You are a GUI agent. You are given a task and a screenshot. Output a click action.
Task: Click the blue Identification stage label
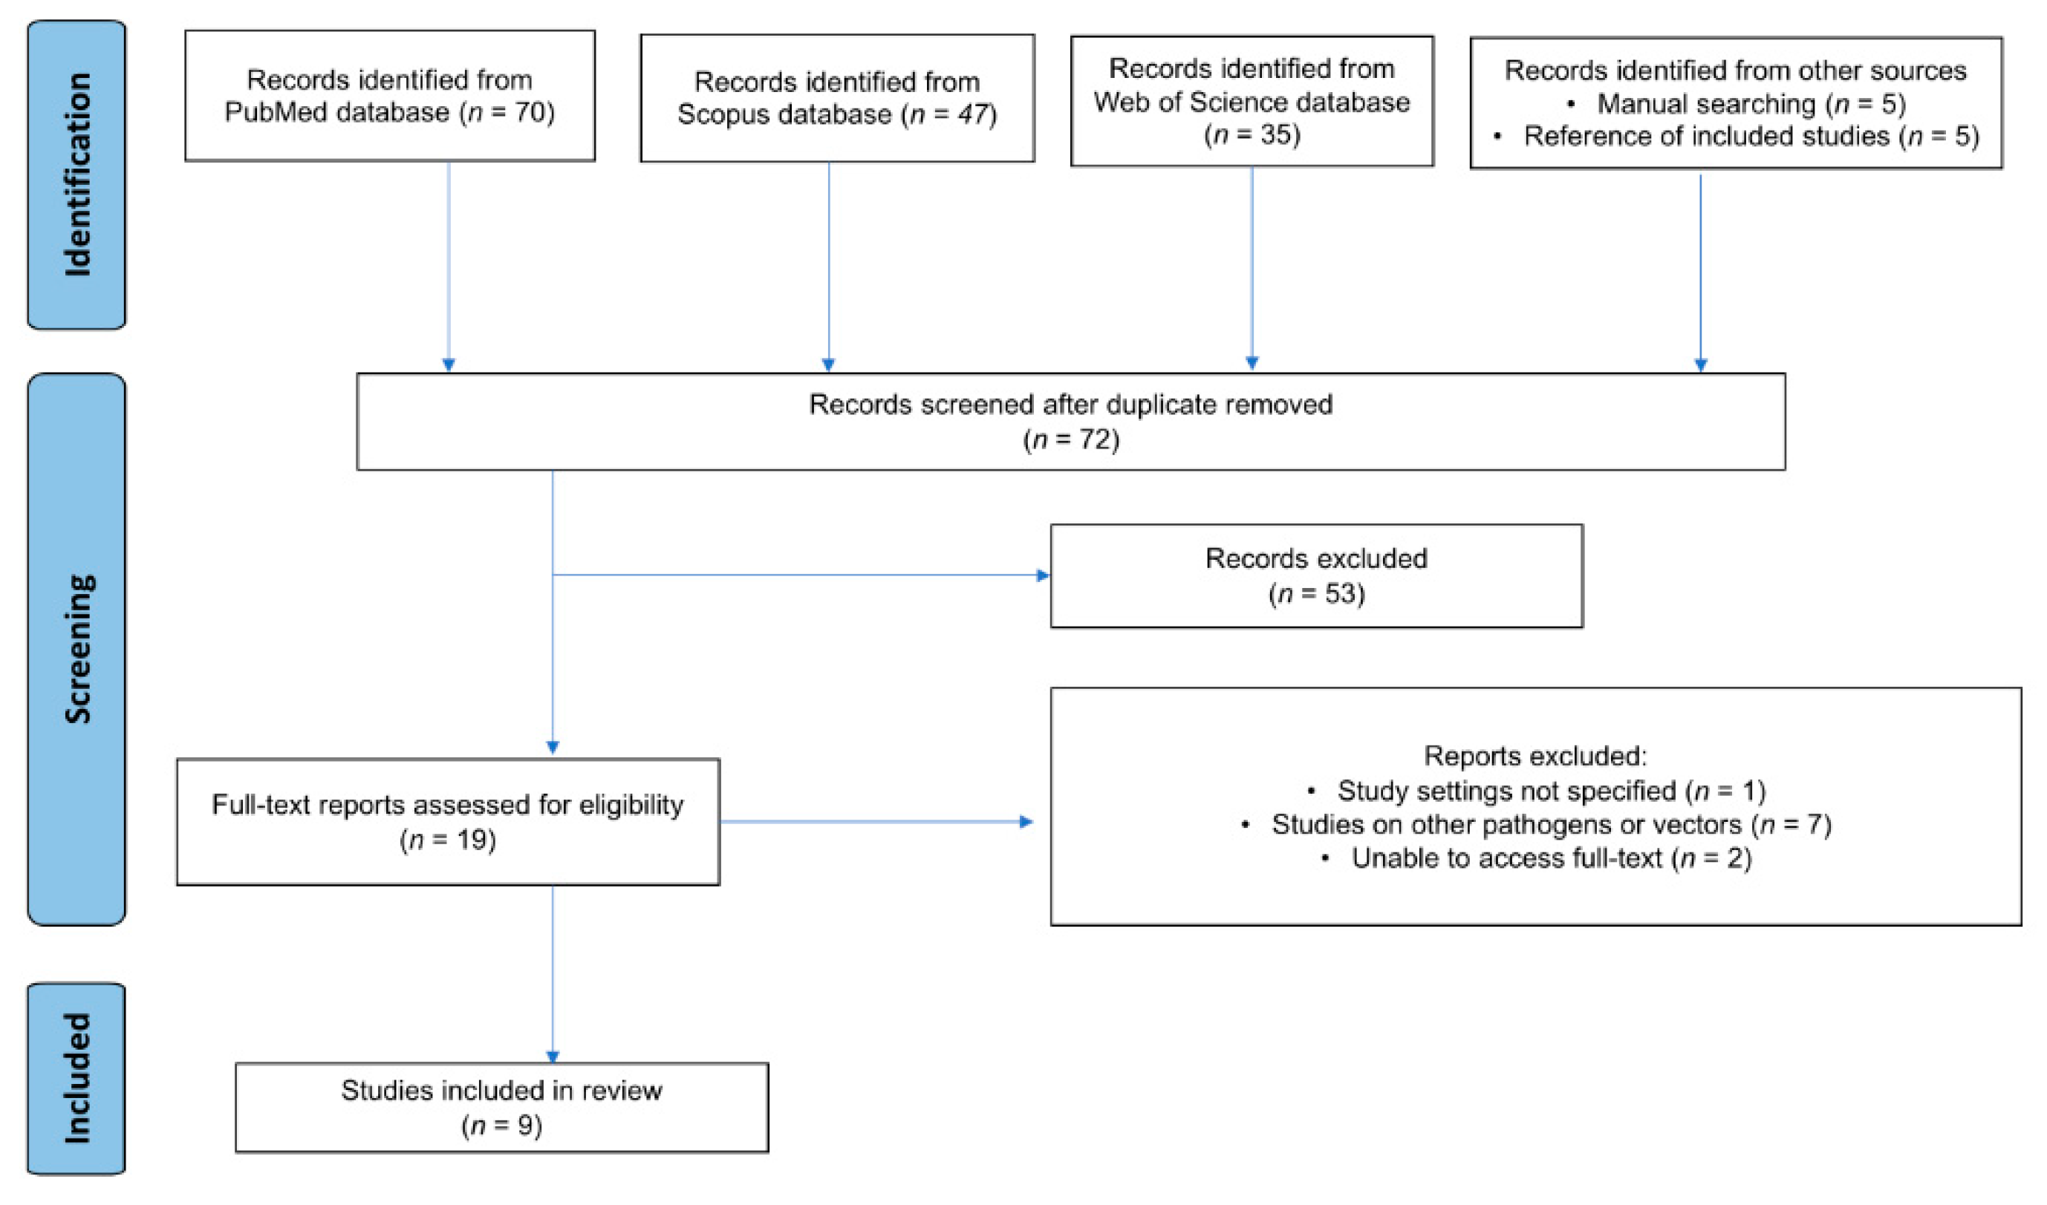(x=77, y=174)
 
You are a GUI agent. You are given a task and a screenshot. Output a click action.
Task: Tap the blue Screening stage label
(x=77, y=649)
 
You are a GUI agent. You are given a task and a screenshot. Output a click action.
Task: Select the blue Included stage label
(x=77, y=1078)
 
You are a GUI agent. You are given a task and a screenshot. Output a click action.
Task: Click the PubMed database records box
(x=390, y=96)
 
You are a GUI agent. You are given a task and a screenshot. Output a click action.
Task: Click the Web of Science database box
(x=1252, y=101)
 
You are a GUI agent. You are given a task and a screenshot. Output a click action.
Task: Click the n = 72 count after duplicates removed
(x=1070, y=440)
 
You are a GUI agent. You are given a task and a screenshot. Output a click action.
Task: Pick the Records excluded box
(x=1316, y=575)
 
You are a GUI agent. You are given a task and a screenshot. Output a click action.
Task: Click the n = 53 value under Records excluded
(x=1316, y=593)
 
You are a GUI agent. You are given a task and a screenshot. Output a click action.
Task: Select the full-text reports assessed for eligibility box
(x=448, y=822)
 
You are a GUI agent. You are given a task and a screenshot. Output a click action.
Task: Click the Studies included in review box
(x=501, y=1107)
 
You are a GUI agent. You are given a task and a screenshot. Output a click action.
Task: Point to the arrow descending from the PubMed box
(x=449, y=268)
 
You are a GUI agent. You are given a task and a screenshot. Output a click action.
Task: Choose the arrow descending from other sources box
(x=1700, y=272)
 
